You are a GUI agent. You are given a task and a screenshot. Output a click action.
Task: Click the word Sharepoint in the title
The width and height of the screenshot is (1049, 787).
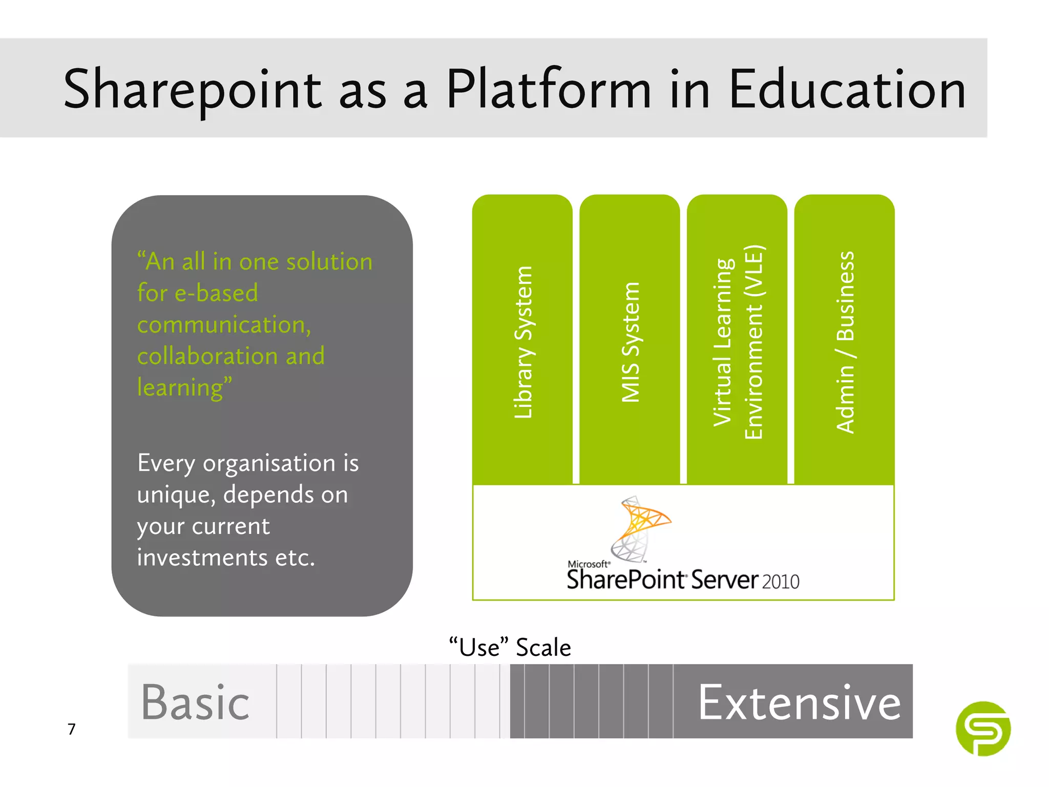[192, 91]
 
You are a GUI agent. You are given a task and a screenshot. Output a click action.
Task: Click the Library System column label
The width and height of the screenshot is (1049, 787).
[523, 342]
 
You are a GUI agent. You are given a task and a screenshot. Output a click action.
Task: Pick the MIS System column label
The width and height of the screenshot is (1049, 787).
[631, 342]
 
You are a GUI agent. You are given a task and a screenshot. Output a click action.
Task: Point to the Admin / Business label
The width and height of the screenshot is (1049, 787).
[845, 342]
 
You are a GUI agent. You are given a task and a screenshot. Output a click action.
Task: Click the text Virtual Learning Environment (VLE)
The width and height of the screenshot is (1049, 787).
[738, 342]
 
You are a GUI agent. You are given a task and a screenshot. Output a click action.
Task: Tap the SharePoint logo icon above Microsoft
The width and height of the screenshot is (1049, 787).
[640, 528]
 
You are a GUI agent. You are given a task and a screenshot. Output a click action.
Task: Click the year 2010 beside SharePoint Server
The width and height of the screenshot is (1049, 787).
[781, 582]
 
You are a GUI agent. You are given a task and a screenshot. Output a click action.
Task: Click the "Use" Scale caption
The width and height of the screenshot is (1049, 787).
[510, 647]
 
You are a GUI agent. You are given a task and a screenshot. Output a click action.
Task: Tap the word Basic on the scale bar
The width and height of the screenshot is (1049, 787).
[196, 702]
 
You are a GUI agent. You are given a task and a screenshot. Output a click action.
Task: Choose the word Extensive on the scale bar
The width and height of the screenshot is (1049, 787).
[799, 702]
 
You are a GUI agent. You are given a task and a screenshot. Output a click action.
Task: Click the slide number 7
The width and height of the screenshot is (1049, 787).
[72, 729]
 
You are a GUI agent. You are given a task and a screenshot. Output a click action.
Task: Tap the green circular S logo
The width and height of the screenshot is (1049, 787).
[983, 729]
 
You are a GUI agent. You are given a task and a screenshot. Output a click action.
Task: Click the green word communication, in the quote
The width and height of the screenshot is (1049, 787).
[224, 325]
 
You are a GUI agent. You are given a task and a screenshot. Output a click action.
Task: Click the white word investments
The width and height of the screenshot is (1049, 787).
[202, 557]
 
